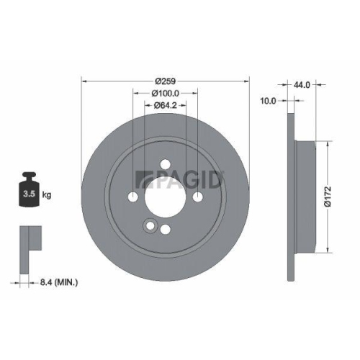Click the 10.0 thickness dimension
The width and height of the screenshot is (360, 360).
[x=268, y=102]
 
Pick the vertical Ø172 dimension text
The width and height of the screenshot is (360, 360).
[x=328, y=196]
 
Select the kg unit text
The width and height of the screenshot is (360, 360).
[x=46, y=194]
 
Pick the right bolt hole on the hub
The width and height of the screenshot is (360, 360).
[x=197, y=197]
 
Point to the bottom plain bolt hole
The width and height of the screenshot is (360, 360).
[x=165, y=229]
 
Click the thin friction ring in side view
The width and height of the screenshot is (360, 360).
[x=291, y=196]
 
